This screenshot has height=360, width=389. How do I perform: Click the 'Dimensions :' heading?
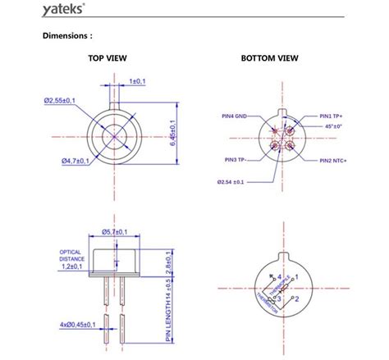click(x=73, y=36)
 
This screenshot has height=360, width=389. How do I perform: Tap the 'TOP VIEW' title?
click(x=111, y=59)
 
